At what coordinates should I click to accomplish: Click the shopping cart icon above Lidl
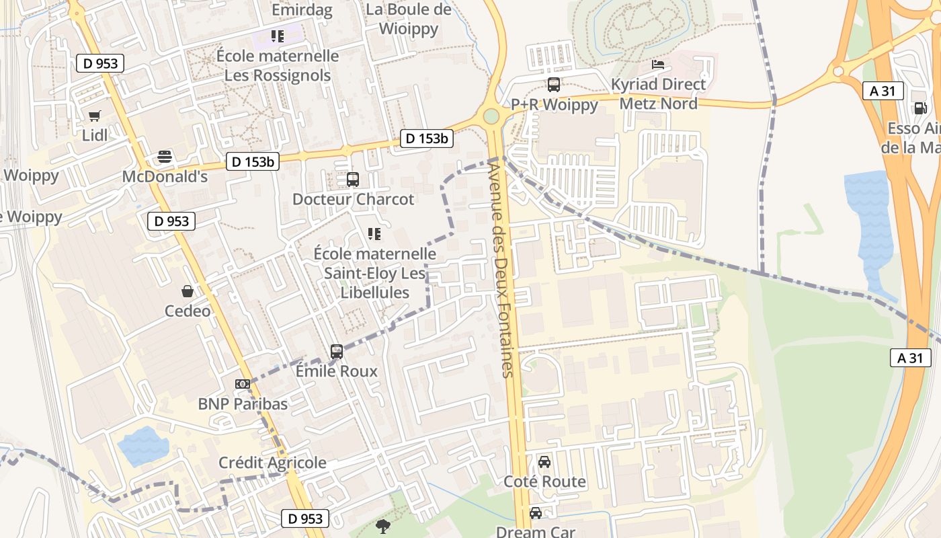[95, 116]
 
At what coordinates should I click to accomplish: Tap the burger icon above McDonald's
[165, 157]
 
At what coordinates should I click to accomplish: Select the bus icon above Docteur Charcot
[353, 180]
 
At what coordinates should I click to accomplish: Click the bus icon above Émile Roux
[337, 351]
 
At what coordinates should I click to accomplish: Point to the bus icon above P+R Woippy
[554, 85]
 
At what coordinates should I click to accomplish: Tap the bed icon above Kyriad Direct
[658, 65]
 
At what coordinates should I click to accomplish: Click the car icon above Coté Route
[544, 462]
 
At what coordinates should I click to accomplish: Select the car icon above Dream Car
[536, 512]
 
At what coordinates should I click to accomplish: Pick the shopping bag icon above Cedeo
[188, 291]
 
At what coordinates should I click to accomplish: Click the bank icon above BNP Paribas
[243, 384]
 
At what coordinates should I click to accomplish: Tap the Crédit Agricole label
[272, 463]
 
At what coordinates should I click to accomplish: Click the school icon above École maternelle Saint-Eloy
[374, 234]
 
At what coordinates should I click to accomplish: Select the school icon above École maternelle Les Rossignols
[278, 36]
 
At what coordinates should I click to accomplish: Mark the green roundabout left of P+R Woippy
[491, 116]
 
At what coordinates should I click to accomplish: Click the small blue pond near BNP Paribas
[143, 445]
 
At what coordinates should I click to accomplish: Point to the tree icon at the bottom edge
[383, 525]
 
